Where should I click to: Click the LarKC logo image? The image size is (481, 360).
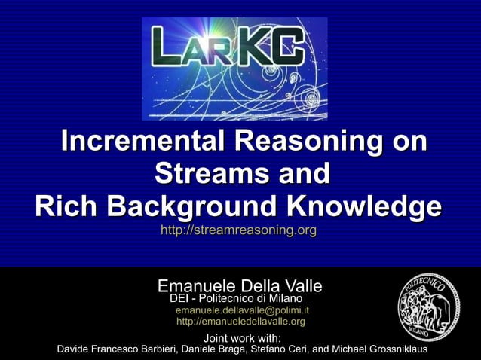click(x=234, y=69)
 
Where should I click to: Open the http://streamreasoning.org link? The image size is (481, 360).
click(x=238, y=230)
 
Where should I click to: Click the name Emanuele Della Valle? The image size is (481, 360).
click(x=240, y=287)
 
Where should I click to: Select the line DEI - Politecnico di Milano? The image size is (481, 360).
click(x=236, y=299)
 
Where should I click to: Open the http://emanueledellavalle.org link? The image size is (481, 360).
click(x=240, y=322)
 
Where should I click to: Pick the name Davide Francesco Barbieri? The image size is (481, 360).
click(x=115, y=349)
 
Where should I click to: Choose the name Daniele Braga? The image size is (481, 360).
click(x=214, y=349)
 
